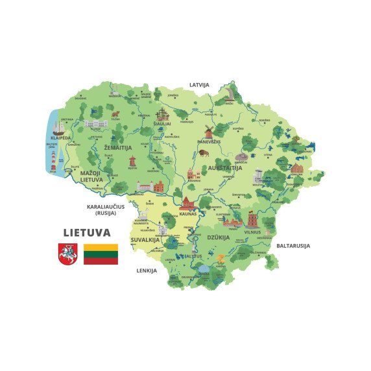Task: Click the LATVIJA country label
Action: tap(199, 85)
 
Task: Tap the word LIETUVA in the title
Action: tap(86, 232)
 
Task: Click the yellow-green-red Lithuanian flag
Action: tap(101, 254)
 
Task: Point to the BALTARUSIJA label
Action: tap(293, 246)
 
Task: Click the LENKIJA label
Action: tap(147, 270)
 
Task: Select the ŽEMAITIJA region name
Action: tap(117, 147)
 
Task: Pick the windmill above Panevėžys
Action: tap(209, 132)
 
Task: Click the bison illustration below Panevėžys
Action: tap(203, 153)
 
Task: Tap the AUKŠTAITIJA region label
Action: tap(224, 168)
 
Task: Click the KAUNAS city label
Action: tap(187, 213)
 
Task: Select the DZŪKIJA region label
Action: tap(218, 237)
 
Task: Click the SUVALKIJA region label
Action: tap(145, 239)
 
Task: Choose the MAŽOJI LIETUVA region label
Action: tap(91, 176)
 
